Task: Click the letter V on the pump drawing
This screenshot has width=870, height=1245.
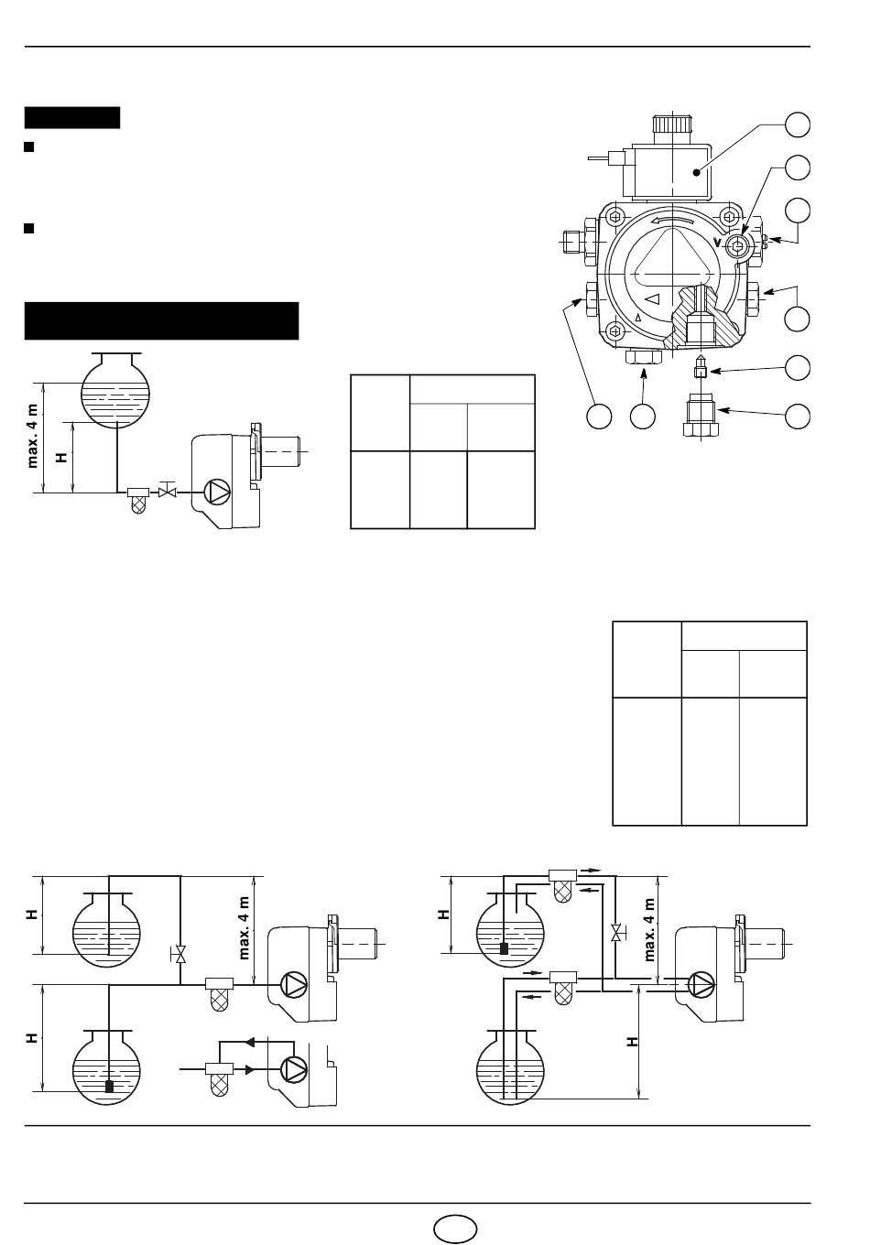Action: click(x=718, y=243)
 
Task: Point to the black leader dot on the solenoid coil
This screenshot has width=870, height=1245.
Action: click(x=697, y=173)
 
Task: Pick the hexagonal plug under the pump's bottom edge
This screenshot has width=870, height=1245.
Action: click(x=645, y=357)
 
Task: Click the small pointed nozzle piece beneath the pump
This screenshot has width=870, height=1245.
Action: click(x=701, y=366)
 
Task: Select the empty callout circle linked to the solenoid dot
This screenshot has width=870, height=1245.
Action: click(x=797, y=124)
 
